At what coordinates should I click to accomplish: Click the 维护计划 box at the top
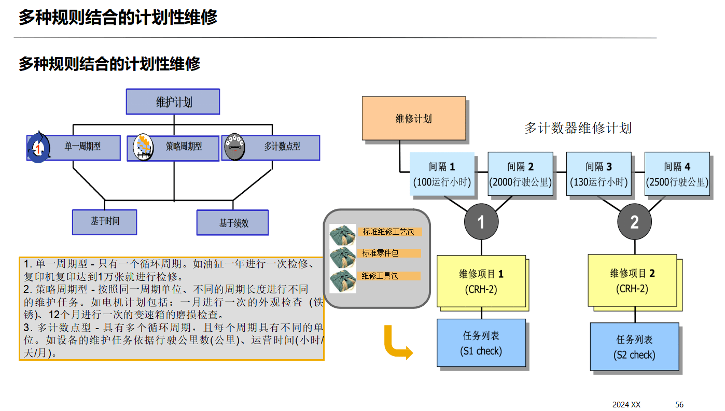173,102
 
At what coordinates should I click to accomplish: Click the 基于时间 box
105,221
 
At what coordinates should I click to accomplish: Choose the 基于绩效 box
233,223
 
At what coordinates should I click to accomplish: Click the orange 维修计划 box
413,118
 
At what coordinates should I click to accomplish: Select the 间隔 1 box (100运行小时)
442,174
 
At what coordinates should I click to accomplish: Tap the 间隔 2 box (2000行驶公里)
520,174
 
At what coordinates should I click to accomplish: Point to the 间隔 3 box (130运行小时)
598,174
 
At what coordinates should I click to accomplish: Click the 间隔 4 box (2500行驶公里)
677,174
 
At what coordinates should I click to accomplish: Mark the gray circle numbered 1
481,222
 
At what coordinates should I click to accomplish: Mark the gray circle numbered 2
634,222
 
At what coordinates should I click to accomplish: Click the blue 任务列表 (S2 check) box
634,346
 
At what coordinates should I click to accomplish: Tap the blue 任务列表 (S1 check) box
481,343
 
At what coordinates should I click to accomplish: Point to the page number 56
679,404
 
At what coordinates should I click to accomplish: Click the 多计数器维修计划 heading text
578,128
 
